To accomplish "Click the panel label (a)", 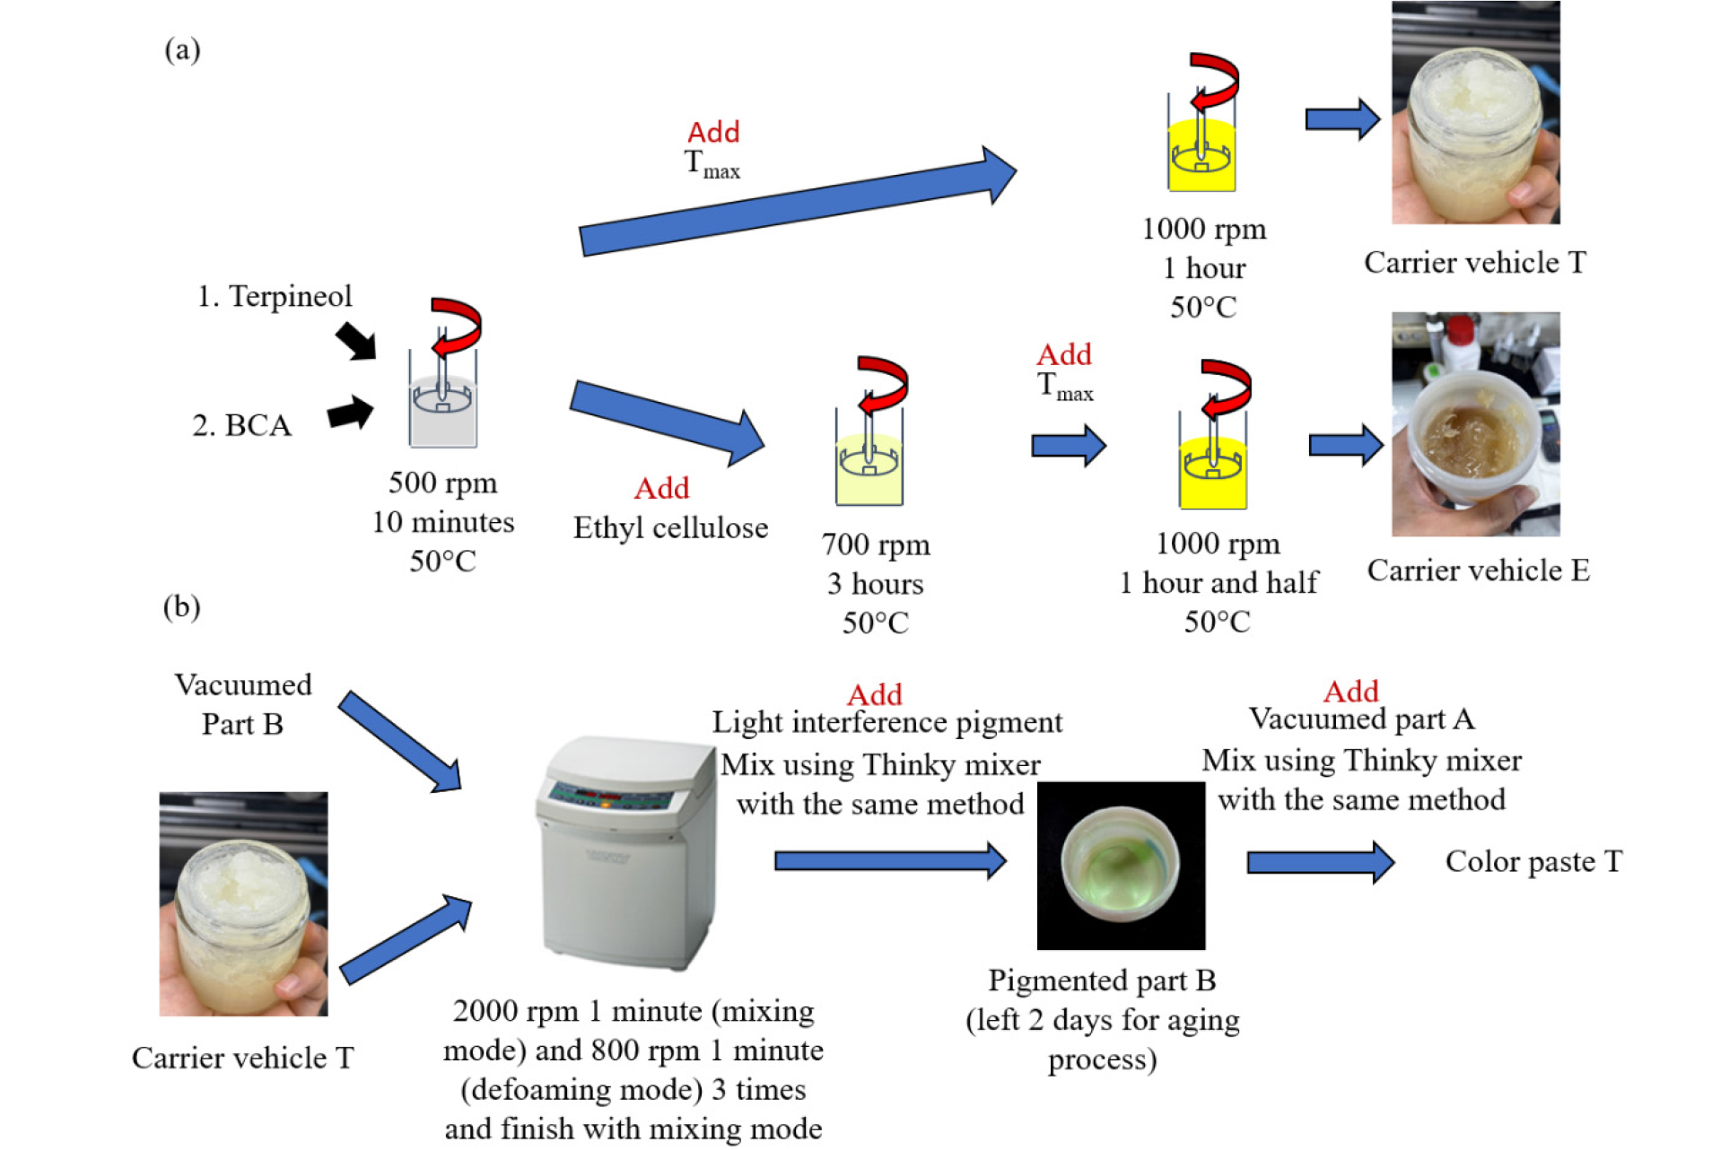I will pyautogui.click(x=182, y=50).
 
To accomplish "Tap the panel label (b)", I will pyautogui.click(x=181, y=607).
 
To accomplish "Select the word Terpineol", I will pyautogui.click(x=290, y=296).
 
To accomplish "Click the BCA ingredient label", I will pyautogui.click(x=258, y=425).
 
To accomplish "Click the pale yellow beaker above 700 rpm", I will pyautogui.click(x=869, y=466).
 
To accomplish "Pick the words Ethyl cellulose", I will pyautogui.click(x=670, y=527).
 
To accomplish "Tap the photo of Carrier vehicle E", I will pyautogui.click(x=1475, y=424).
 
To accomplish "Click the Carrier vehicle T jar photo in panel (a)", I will pyautogui.click(x=1475, y=113).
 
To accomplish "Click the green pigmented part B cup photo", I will pyautogui.click(x=1121, y=866).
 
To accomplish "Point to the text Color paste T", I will pyautogui.click(x=1533, y=861).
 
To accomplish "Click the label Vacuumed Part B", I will pyautogui.click(x=242, y=704).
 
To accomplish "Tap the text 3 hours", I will pyautogui.click(x=875, y=584).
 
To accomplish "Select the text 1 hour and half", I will pyautogui.click(x=1218, y=582).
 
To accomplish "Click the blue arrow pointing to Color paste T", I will pyautogui.click(x=1320, y=862).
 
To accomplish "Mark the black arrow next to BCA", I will pyautogui.click(x=351, y=413).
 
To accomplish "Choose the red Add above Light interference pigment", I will pyautogui.click(x=874, y=695).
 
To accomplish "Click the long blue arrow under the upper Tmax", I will pyautogui.click(x=798, y=203).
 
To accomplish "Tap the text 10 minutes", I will pyautogui.click(x=443, y=522).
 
